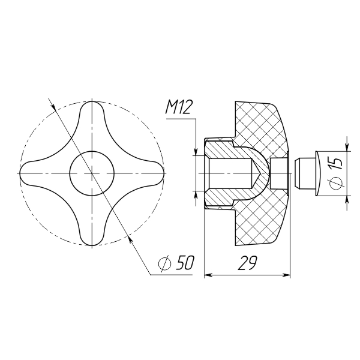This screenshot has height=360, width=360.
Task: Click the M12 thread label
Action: coord(178,107)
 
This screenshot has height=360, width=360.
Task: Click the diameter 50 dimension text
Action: coord(176,262)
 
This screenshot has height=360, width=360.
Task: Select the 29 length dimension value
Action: coord(247,262)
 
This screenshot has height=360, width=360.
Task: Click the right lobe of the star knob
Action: coord(152,173)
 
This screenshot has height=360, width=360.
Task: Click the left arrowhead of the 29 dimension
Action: coord(208,275)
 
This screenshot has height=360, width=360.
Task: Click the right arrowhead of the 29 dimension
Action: coord(286,275)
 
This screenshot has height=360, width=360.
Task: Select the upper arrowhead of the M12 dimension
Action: coord(196,152)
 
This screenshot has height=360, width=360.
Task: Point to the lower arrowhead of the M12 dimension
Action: coord(196,195)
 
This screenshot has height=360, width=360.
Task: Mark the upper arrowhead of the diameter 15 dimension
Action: coord(347,147)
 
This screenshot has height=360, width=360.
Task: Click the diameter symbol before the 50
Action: coord(165,263)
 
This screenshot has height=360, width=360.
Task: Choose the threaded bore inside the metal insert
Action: coord(230,173)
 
